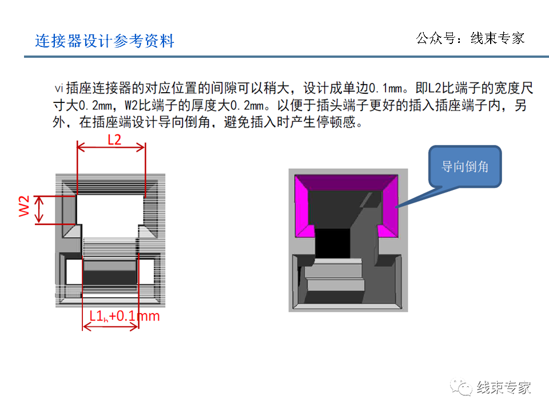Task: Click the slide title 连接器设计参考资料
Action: tap(105, 41)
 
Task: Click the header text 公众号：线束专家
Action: tap(470, 38)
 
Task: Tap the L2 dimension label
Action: tap(114, 139)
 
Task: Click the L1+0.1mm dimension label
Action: tap(124, 315)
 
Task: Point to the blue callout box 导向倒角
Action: tap(465, 167)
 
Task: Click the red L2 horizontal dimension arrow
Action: tap(111, 148)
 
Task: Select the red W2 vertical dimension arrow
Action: tap(39, 209)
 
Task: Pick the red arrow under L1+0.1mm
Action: tap(111, 327)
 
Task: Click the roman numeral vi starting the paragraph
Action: tap(58, 88)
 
